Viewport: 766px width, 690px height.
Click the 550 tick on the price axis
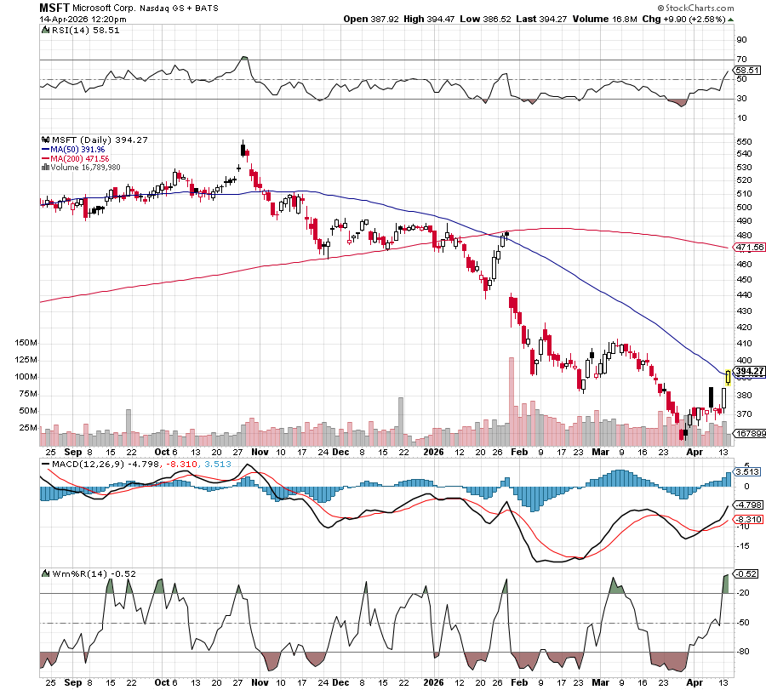[742, 141]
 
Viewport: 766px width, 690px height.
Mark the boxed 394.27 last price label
[749, 371]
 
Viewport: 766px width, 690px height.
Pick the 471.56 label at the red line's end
[749, 248]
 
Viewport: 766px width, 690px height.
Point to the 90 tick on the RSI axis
[740, 39]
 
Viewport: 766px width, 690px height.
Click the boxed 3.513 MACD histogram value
[746, 471]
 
